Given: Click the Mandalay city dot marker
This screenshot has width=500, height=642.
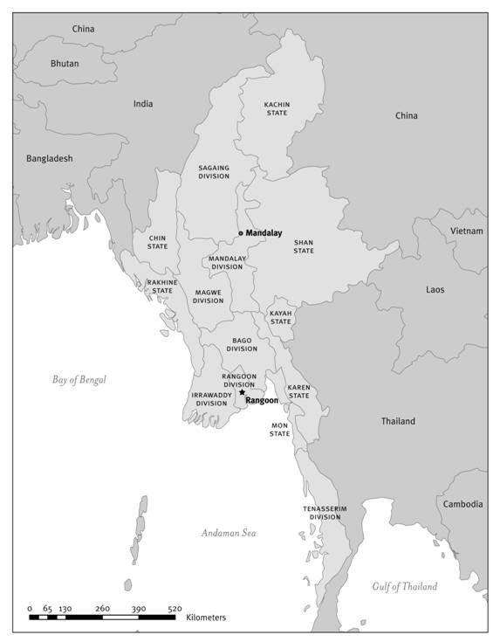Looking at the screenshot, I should click(x=241, y=233).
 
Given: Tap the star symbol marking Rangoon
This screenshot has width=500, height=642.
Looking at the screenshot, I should click(x=242, y=392).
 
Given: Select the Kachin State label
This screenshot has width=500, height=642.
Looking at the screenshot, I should click(x=277, y=108).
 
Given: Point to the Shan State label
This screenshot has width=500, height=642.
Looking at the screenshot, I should click(x=303, y=246).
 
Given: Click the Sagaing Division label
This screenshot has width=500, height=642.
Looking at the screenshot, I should click(x=214, y=170).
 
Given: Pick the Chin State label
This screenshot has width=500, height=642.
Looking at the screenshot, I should click(x=157, y=241).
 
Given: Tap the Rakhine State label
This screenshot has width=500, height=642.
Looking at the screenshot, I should click(x=161, y=286).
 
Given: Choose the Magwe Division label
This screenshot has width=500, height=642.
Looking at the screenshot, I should click(x=208, y=296).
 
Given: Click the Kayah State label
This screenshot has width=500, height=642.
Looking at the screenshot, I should click(x=280, y=317).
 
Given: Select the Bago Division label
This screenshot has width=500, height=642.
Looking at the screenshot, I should click(x=242, y=344).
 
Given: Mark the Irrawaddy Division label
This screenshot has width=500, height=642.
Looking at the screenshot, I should click(x=210, y=399).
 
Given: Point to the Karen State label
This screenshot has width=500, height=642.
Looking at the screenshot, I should click(x=298, y=391).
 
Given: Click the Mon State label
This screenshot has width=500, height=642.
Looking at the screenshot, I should click(x=279, y=430).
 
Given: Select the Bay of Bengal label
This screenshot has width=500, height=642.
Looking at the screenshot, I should click(x=79, y=379).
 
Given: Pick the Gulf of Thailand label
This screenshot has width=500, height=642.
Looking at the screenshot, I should click(x=404, y=586).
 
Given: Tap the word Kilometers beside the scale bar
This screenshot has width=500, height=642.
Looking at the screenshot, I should click(x=206, y=618).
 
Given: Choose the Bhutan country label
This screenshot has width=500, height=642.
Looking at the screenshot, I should click(x=64, y=64).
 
